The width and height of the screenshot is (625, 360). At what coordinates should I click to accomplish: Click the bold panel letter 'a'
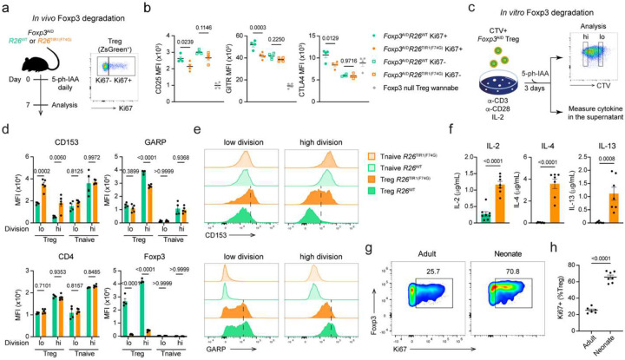pos(5,7)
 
